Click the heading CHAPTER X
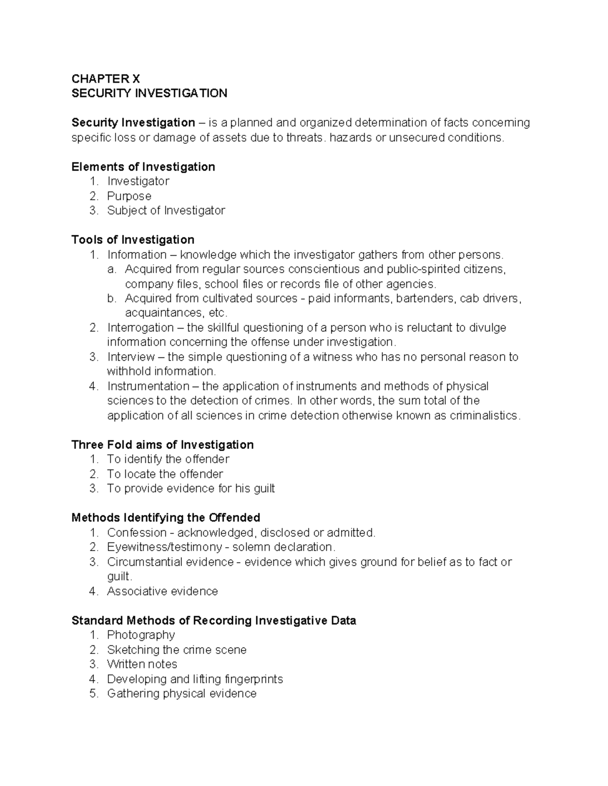pyautogui.click(x=105, y=78)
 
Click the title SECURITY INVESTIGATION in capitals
pyautogui.click(x=149, y=93)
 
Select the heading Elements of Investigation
pyautogui.click(x=143, y=167)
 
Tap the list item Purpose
pyautogui.click(x=129, y=196)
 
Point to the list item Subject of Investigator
pyautogui.click(x=166, y=211)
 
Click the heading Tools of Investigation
pyautogui.click(x=133, y=239)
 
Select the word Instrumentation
pyautogui.click(x=148, y=386)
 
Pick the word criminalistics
pyautogui.click(x=485, y=416)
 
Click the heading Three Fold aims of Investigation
pyautogui.click(x=162, y=444)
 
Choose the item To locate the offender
pyautogui.click(x=165, y=474)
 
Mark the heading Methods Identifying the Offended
pyautogui.click(x=166, y=517)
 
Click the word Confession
pyautogui.click(x=136, y=532)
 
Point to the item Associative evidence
pyautogui.click(x=162, y=591)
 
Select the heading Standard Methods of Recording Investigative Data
pyautogui.click(x=213, y=620)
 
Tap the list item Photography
pyautogui.click(x=141, y=635)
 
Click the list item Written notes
pyautogui.click(x=142, y=664)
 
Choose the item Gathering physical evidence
pyautogui.click(x=181, y=693)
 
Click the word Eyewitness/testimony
pyautogui.click(x=164, y=547)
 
